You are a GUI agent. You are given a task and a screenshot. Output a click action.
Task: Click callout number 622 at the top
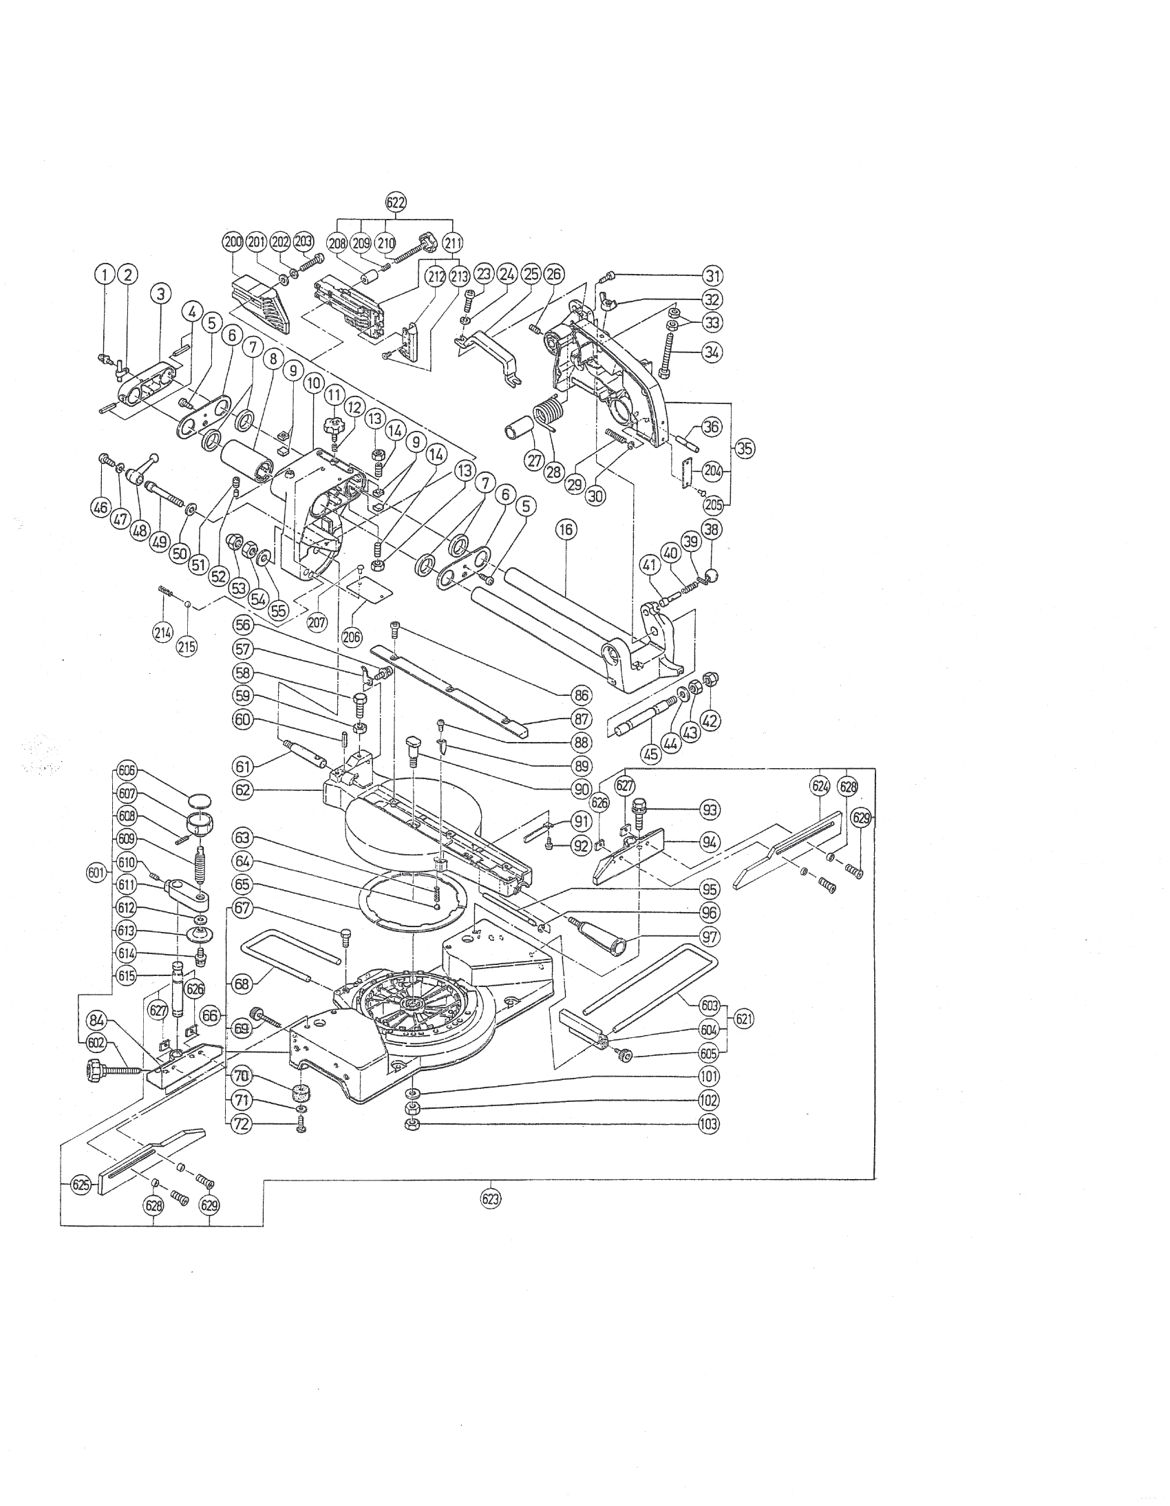click(x=395, y=202)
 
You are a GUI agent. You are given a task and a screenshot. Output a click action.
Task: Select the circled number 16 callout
click(x=566, y=529)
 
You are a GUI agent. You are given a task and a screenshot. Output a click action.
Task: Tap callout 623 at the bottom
click(x=491, y=1198)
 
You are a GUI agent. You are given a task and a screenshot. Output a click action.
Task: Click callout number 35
click(x=744, y=447)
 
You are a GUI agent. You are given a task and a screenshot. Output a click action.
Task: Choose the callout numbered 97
click(x=710, y=937)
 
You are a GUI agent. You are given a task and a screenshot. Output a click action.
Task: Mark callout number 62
click(x=242, y=789)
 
